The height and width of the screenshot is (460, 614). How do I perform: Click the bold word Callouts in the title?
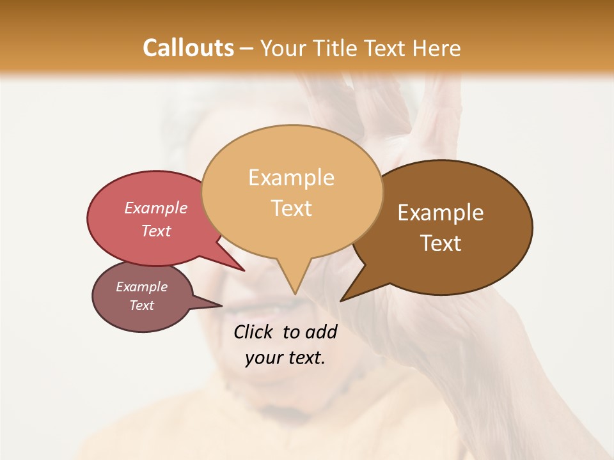(x=188, y=48)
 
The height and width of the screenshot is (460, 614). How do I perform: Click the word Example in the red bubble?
(x=156, y=208)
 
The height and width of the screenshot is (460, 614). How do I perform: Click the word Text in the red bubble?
(x=156, y=231)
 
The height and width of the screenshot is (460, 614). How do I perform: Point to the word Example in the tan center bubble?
(x=291, y=178)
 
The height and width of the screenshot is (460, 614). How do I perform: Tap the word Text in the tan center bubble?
(x=292, y=208)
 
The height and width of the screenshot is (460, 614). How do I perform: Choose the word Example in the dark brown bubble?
(x=441, y=213)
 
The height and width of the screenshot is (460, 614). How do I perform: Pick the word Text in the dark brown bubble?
(x=441, y=243)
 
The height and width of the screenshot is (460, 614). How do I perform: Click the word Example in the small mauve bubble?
(x=141, y=287)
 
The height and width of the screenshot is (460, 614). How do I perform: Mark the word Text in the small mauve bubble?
(x=141, y=305)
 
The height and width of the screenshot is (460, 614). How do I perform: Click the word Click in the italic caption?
(x=254, y=332)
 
